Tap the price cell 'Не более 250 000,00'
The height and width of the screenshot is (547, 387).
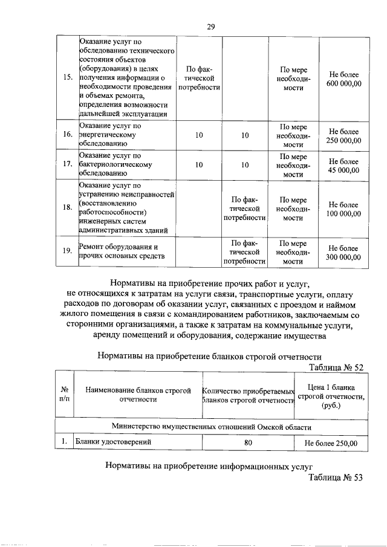pos(344,136)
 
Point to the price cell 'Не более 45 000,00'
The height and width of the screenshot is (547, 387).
pos(344,166)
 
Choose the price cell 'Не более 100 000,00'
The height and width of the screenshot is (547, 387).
pos(344,209)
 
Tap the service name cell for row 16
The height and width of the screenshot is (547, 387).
pos(126,136)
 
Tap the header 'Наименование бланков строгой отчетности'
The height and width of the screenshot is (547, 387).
pos(137,395)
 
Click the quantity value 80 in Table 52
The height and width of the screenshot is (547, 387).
pos(247,442)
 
